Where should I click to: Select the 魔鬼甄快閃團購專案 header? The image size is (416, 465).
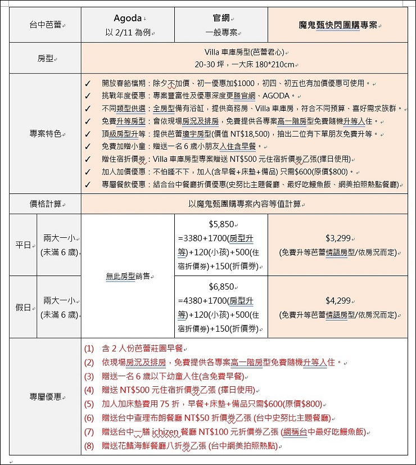tap(338, 25)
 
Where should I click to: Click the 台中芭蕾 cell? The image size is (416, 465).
tap(45, 25)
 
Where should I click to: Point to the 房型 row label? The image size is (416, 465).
tap(45, 58)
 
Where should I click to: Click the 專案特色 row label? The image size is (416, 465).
tap(45, 134)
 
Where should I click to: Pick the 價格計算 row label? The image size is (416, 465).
tap(45, 204)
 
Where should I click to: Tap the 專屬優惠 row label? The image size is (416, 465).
tap(45, 397)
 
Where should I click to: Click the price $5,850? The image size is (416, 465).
tap(221, 224)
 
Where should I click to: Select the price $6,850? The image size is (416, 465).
tap(221, 286)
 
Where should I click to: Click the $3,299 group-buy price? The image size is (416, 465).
tap(338, 238)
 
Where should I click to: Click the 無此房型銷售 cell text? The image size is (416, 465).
tap(128, 276)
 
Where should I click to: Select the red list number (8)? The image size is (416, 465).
tap(90, 446)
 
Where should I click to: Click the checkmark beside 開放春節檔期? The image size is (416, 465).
tap(88, 84)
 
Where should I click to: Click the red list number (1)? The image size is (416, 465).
tap(90, 349)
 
